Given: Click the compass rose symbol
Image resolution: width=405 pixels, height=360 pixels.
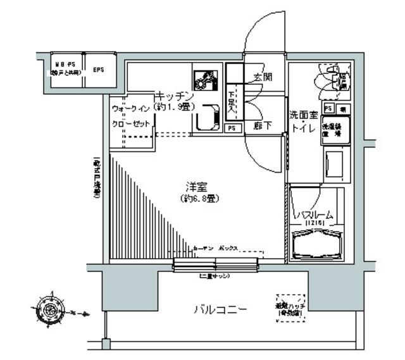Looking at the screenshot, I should click(x=49, y=309).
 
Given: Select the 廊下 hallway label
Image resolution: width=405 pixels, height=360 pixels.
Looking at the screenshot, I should click(x=262, y=126).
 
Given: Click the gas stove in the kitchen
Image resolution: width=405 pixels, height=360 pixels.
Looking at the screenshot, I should click(x=204, y=80).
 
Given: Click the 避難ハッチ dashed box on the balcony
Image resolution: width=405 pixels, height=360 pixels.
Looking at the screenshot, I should click(x=290, y=307).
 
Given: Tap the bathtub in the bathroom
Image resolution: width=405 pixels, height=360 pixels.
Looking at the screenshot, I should click(x=318, y=245).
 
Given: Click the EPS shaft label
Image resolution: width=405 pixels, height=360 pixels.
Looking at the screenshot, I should click(x=99, y=69).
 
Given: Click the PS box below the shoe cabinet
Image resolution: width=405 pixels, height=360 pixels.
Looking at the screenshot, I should click(x=232, y=128).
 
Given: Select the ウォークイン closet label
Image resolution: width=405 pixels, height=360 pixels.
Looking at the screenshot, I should click(x=132, y=109).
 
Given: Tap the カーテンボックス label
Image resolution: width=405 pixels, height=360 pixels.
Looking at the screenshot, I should click(x=215, y=248).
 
